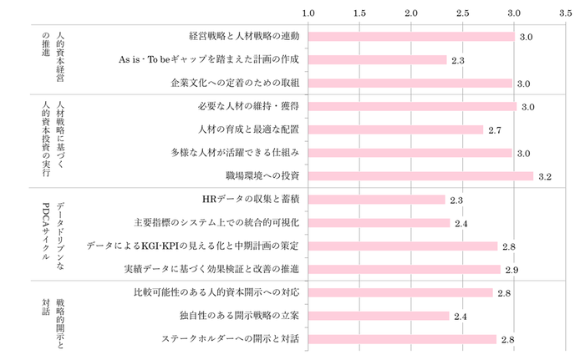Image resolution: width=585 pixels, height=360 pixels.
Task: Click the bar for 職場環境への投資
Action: tap(420, 176)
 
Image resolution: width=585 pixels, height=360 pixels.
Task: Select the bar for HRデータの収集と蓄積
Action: tap(376, 200)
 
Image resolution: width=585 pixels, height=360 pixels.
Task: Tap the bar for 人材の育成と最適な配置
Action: tap(395, 129)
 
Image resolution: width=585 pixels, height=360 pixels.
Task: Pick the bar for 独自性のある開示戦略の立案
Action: tap(379, 316)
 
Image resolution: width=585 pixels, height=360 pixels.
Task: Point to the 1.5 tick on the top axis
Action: tap(359, 13)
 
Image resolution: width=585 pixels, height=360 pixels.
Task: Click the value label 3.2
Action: tap(545, 177)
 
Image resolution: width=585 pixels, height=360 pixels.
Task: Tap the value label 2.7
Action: tap(494, 130)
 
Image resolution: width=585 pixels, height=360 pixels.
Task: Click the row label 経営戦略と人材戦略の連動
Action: tap(244, 37)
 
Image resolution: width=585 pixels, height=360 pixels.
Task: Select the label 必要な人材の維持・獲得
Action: tap(250, 107)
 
